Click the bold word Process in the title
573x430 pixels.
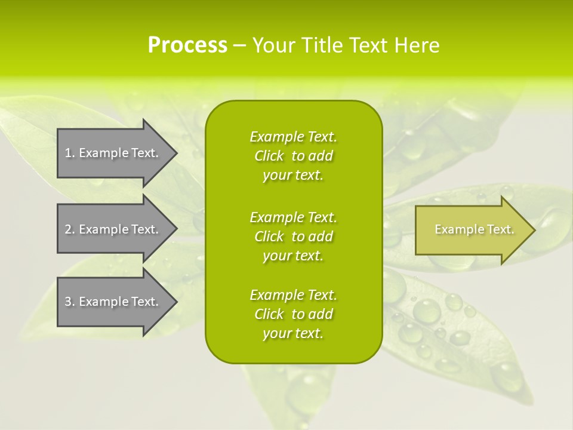coord(187,45)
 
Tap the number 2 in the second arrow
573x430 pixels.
coord(68,229)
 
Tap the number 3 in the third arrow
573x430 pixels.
coord(68,302)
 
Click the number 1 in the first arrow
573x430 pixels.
coord(68,153)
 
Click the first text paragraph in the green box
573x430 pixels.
coord(293,156)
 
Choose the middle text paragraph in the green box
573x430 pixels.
coord(293,236)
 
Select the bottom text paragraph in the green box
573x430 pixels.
coord(293,314)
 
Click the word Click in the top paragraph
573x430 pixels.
coord(269,156)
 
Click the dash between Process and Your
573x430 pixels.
coord(239,46)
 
